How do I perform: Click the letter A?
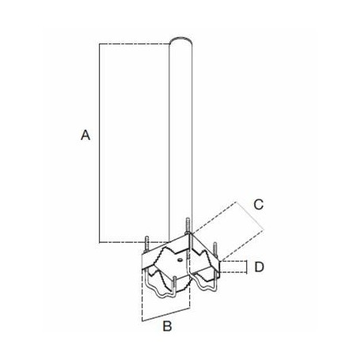click(x=85, y=137)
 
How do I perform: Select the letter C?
click(x=258, y=203)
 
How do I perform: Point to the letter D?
click(x=259, y=267)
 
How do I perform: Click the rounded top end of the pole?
click(x=181, y=40)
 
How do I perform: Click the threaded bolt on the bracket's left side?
click(x=148, y=238)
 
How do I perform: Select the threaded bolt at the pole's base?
click(x=187, y=226)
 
